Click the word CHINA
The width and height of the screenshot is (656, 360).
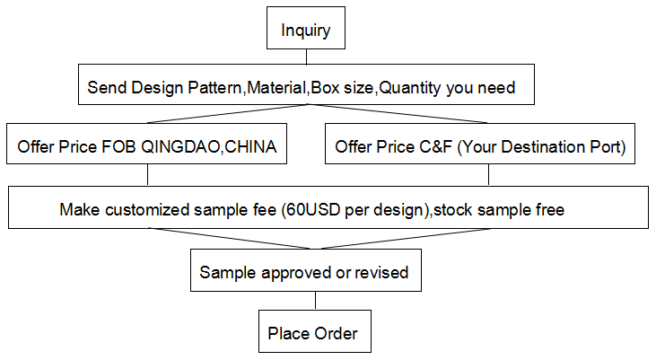pyautogui.click(x=251, y=146)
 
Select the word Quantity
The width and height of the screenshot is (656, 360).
pyautogui.click(x=409, y=88)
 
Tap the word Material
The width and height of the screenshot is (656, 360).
pyautogui.click(x=277, y=87)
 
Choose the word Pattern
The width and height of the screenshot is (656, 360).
pyautogui.click(x=214, y=87)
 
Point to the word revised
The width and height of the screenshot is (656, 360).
pyautogui.click(x=381, y=273)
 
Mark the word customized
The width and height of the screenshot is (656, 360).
pyautogui.click(x=147, y=209)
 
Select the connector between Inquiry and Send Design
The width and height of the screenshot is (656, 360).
pyautogui.click(x=306, y=57)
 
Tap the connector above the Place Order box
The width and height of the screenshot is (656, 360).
pyautogui.click(x=315, y=301)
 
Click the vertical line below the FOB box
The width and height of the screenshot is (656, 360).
pyautogui.click(x=147, y=174)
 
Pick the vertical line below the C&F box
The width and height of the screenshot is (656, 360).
pyautogui.click(x=488, y=174)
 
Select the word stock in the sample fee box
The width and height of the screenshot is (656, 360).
pyautogui.click(x=453, y=209)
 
